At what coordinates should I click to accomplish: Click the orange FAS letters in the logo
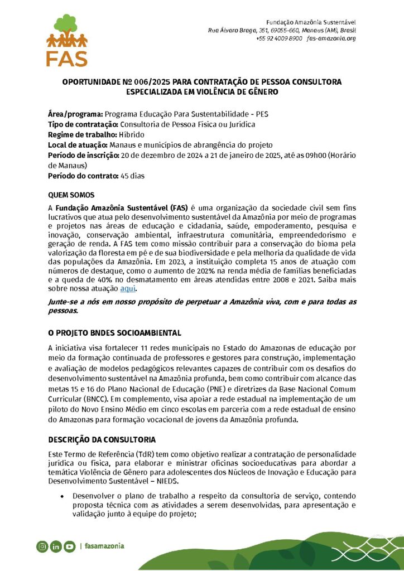click(67, 58)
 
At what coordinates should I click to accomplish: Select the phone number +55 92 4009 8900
click(279, 38)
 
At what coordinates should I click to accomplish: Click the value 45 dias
click(132, 176)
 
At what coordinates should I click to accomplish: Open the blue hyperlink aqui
click(128, 288)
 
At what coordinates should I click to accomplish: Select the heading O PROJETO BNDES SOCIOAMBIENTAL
click(114, 333)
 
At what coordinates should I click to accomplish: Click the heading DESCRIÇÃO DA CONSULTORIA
click(102, 439)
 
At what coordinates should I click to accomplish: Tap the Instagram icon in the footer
click(42, 546)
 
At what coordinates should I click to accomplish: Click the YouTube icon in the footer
click(69, 546)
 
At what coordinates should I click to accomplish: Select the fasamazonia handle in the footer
click(104, 546)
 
